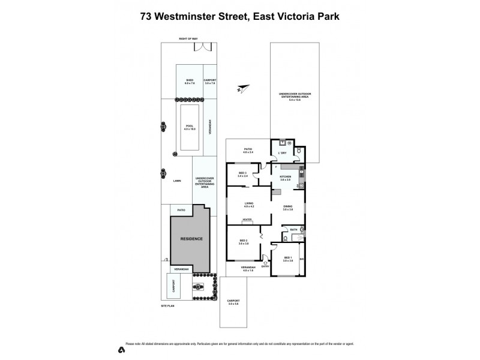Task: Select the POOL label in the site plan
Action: [190, 127]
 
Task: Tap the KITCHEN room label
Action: [285, 178]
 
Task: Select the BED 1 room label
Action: [287, 259]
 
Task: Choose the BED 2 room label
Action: [243, 241]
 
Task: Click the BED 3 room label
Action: [242, 175]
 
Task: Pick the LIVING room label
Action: [248, 204]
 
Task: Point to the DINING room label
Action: [287, 208]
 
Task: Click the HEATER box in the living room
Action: [247, 221]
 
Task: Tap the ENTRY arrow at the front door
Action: [265, 264]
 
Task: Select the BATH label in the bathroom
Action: [294, 230]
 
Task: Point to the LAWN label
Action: [177, 180]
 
